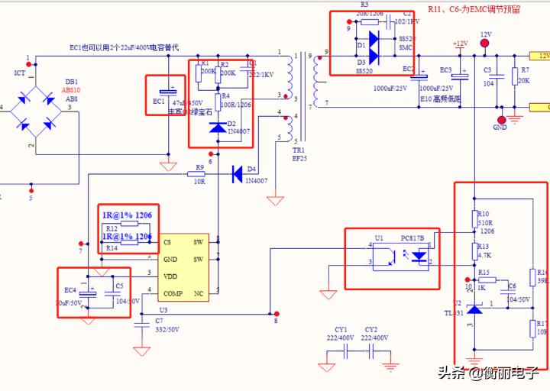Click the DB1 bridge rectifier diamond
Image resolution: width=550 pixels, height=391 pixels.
[32, 107]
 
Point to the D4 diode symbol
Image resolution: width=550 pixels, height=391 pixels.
[238, 173]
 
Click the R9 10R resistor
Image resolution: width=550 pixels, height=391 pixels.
[199, 174]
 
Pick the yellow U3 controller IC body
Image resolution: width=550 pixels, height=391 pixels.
[189, 267]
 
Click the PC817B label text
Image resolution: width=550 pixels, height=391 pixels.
[414, 238]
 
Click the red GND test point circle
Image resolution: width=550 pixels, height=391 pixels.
[501, 118]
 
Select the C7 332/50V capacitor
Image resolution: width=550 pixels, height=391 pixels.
[141, 325]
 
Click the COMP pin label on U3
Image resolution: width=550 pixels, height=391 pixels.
[172, 294]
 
